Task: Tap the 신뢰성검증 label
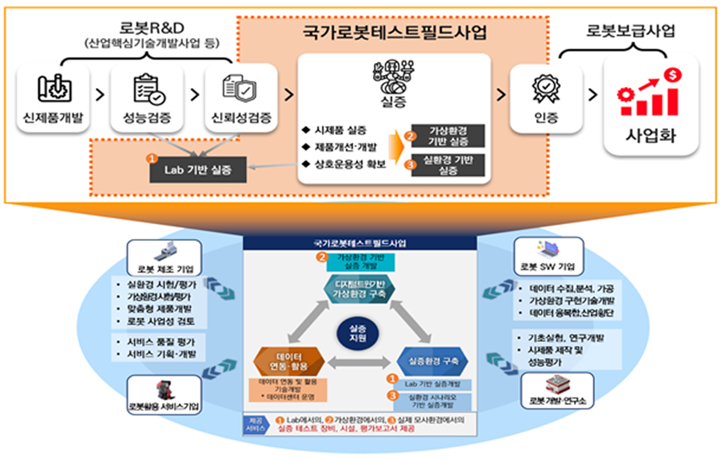click(x=240, y=118)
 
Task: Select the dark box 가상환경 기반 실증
click(x=448, y=137)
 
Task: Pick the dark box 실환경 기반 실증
click(x=448, y=165)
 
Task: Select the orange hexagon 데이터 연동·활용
click(x=290, y=360)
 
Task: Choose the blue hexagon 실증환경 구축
click(x=433, y=361)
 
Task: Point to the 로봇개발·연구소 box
click(x=558, y=391)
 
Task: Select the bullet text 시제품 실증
click(x=341, y=130)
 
